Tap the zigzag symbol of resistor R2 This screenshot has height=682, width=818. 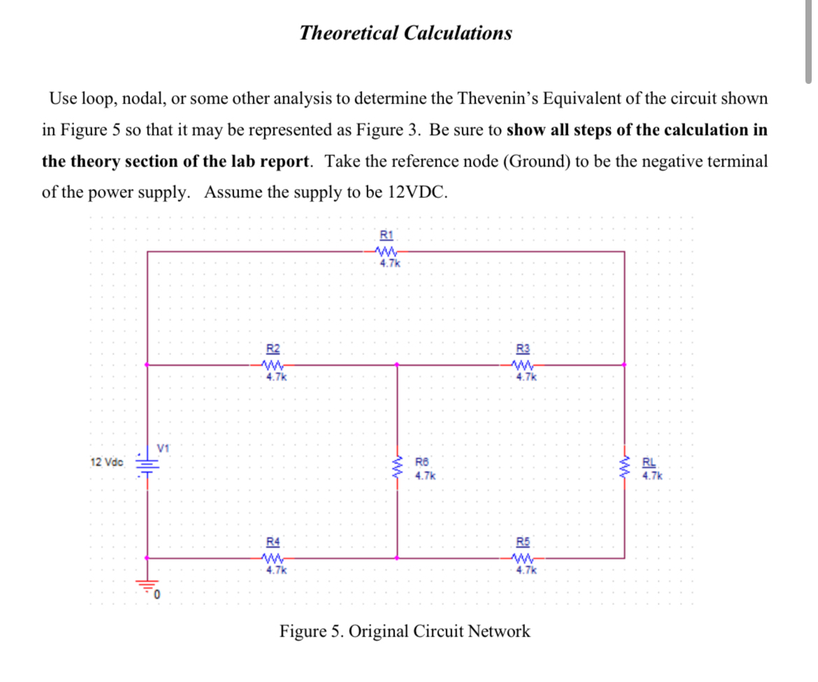click(273, 364)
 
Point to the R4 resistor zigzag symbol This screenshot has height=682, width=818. click(273, 558)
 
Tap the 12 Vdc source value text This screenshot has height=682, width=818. click(107, 462)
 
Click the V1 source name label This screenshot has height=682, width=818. click(164, 447)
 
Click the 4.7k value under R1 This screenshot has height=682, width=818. click(389, 264)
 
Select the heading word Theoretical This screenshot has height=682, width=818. click(347, 33)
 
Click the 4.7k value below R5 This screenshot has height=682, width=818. click(526, 570)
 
